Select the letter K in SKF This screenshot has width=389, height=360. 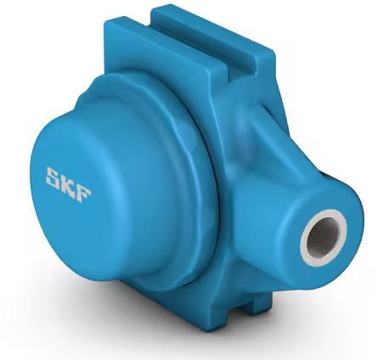70,183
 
